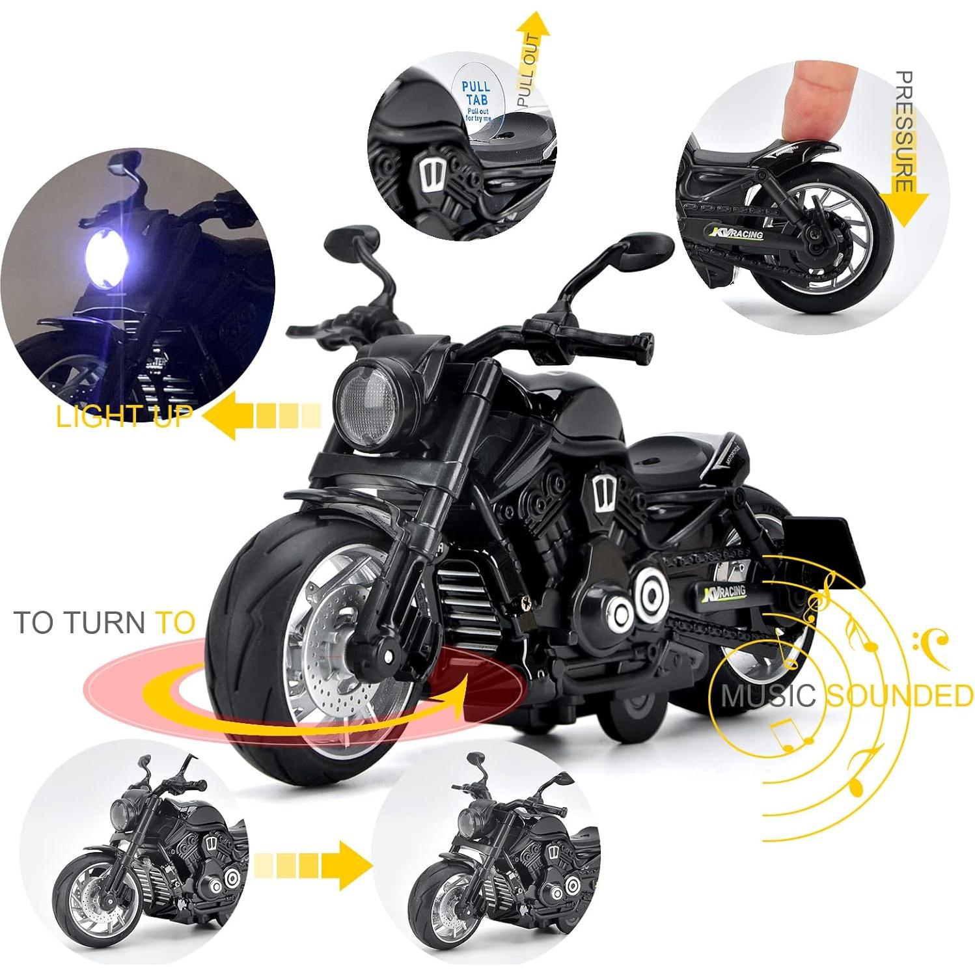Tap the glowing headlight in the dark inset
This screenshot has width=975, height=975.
[x=106, y=258]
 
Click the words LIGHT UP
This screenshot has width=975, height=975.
[x=124, y=415]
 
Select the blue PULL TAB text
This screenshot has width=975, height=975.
[x=477, y=93]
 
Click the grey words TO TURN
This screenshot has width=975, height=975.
[x=81, y=622]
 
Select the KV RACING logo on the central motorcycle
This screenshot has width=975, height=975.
[x=724, y=592]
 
